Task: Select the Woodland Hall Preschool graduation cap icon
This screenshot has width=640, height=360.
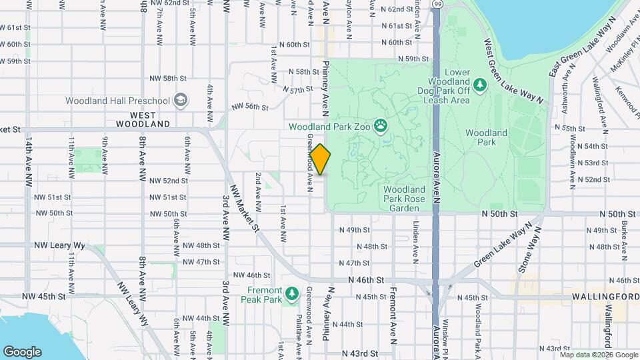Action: coord(180,101)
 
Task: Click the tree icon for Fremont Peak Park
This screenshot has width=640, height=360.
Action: coord(291,294)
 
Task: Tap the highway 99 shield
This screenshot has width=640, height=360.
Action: coord(436,4)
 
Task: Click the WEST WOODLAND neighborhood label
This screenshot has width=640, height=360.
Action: coord(143,119)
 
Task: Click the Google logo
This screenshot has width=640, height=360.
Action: coord(22,351)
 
